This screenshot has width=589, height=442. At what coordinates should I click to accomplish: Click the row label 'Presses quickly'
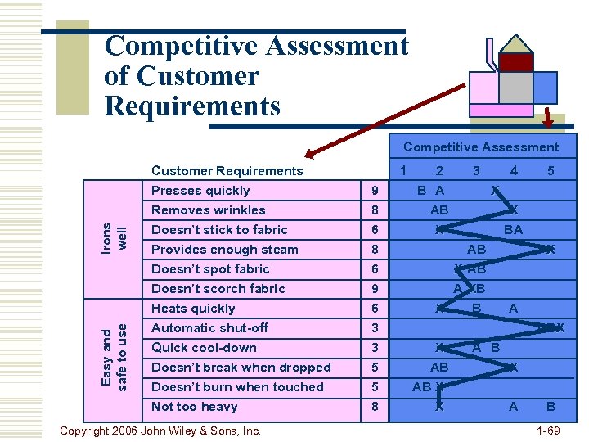pos(200,191)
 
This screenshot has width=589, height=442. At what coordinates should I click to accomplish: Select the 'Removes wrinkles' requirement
pos(208,210)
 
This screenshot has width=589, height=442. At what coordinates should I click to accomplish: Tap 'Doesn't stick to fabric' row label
pos(219,230)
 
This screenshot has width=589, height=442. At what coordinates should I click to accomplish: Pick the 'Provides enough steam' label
pos(224,250)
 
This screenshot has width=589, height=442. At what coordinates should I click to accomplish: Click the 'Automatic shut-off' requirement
pos(209,328)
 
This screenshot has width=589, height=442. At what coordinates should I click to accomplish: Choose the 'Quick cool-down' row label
pos(204,348)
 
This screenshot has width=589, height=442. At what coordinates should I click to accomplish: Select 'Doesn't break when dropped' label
pos(241,368)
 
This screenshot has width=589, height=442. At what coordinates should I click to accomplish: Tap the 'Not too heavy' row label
pos(194,407)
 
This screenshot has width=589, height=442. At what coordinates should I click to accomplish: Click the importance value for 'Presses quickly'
pos(374,191)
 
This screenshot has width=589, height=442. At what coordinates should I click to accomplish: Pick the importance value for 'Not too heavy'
pos(374,407)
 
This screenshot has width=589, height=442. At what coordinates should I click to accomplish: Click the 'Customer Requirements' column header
pos(227,171)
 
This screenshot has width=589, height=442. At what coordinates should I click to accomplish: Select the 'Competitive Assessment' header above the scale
pos(481,147)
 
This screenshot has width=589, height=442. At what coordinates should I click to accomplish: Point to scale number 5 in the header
pos(551,171)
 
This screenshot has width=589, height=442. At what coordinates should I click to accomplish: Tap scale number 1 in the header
pos(402,170)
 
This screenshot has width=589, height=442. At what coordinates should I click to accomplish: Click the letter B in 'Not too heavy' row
pos(551,407)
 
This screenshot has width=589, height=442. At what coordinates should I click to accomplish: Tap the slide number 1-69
pos(547,431)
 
